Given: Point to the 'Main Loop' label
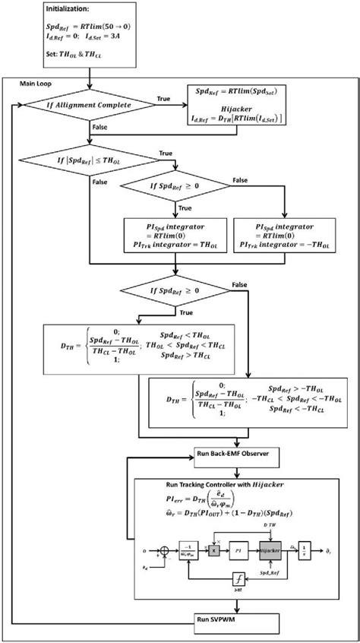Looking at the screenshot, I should [36, 81].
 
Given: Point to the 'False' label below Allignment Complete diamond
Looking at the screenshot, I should [99, 128].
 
